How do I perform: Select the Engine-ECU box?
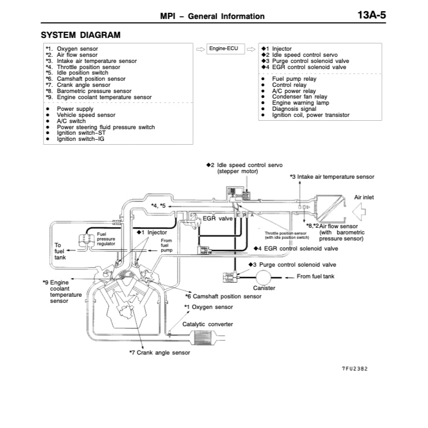(x=223, y=49)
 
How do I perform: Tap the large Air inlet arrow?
(x=361, y=211)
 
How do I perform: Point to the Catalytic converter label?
(x=208, y=324)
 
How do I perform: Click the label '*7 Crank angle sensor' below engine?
(x=159, y=352)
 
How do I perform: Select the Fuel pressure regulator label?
(x=106, y=239)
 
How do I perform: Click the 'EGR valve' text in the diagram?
(x=218, y=219)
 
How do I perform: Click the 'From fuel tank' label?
(x=316, y=276)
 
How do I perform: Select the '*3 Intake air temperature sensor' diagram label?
(x=332, y=176)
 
